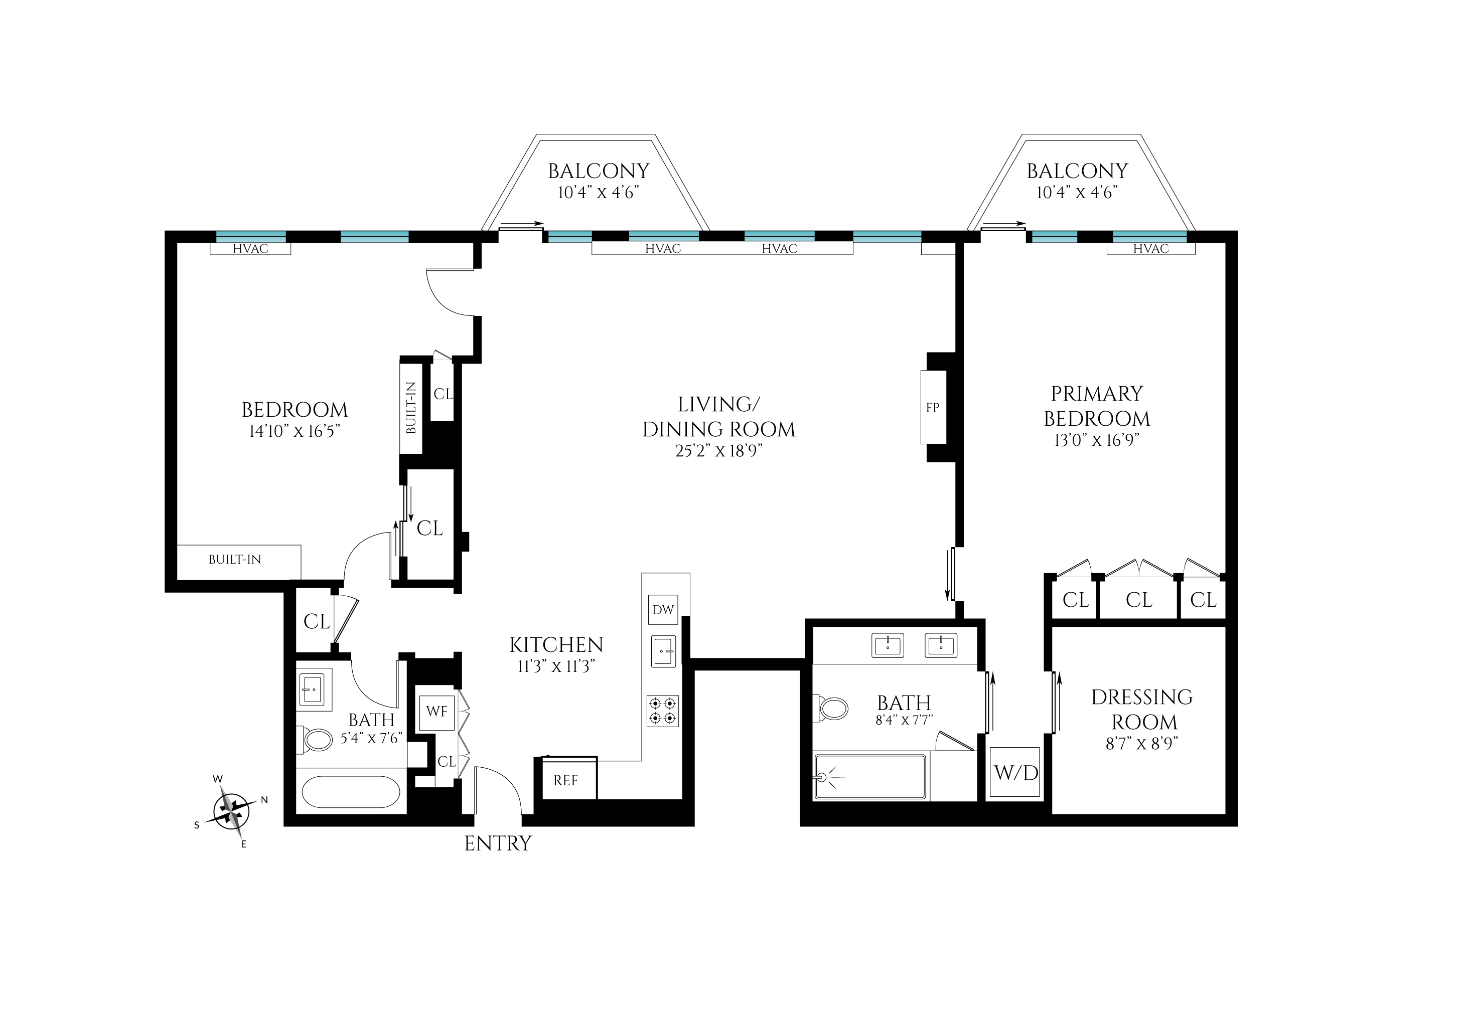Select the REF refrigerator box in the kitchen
[565, 780]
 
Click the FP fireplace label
[933, 407]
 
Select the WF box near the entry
[437, 711]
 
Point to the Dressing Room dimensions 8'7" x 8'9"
[1142, 743]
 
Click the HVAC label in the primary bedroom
[1151, 249]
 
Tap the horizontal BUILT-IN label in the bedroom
[235, 560]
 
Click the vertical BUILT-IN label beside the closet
[411, 408]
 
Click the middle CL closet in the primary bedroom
[1139, 600]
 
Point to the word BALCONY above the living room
[598, 171]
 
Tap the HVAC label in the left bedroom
[250, 249]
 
